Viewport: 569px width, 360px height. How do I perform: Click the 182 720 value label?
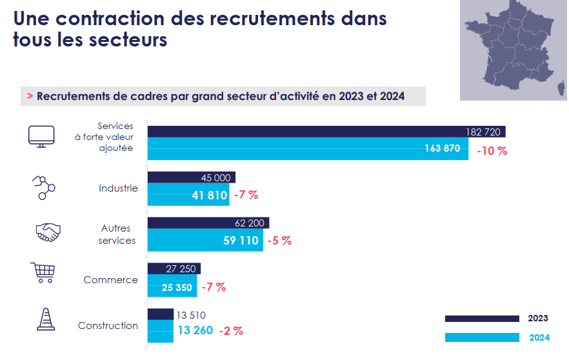click(483, 132)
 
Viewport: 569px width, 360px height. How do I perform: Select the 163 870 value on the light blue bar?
click(443, 148)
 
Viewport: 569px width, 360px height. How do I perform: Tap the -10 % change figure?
click(492, 151)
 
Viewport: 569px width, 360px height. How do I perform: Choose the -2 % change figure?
click(231, 331)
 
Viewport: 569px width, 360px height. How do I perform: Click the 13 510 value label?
click(190, 315)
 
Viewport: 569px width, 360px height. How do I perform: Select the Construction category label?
click(108, 326)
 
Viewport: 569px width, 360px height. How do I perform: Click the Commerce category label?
click(110, 280)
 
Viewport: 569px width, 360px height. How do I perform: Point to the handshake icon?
click(47, 232)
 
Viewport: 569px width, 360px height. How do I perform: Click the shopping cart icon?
click(43, 272)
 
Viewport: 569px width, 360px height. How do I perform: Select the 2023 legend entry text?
click(538, 318)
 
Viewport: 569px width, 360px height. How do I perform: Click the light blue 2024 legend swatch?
click(482, 337)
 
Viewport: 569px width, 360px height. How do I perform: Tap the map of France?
click(514, 48)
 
